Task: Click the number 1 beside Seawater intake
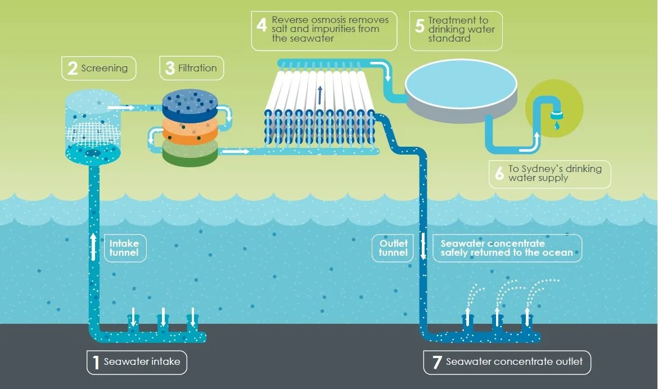point(96,362)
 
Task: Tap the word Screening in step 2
point(104,68)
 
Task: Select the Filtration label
point(197,68)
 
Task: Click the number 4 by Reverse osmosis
point(261,26)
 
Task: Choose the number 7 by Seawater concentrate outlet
point(436,362)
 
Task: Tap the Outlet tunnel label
point(393,248)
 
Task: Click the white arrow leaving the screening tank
point(120,106)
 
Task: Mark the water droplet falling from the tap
point(556,126)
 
